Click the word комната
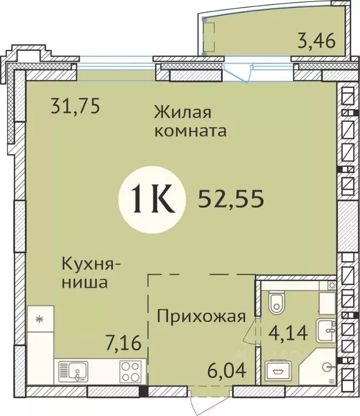coord(190,131)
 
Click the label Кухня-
coord(92,265)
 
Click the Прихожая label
coord(201,315)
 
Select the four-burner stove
coord(131,372)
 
